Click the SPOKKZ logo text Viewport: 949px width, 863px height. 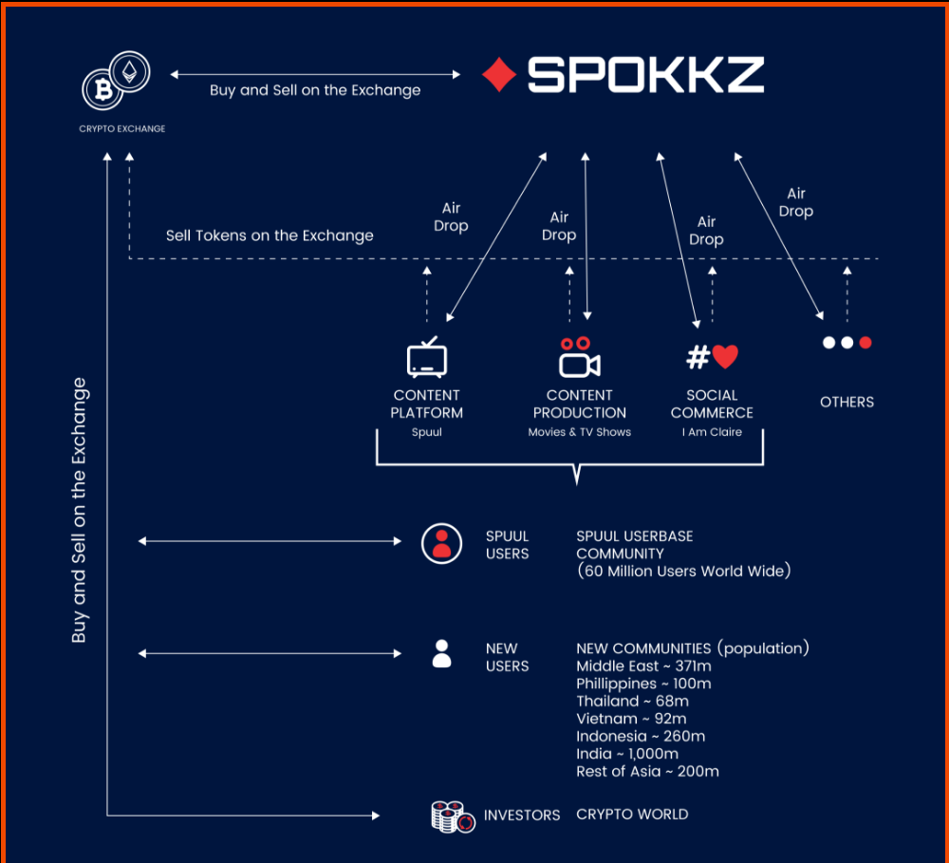pyautogui.click(x=645, y=75)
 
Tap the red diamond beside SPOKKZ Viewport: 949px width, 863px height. pyautogui.click(x=498, y=75)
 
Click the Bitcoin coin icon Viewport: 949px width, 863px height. pyautogui.click(x=101, y=90)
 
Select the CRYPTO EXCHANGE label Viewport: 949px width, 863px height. pyautogui.click(x=121, y=128)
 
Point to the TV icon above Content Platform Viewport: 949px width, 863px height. pyautogui.click(x=427, y=358)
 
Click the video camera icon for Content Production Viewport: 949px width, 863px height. pyautogui.click(x=579, y=360)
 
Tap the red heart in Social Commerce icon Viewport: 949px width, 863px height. pyautogui.click(x=725, y=357)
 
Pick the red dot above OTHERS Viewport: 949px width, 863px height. pyautogui.click(x=865, y=343)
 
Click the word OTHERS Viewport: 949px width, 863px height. pyautogui.click(x=847, y=402)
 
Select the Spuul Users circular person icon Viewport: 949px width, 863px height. pyautogui.click(x=441, y=543)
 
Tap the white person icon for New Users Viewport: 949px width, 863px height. pyautogui.click(x=441, y=653)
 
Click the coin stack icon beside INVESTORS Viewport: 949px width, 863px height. pyautogui.click(x=453, y=816)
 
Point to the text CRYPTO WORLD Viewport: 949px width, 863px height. pyautogui.click(x=632, y=814)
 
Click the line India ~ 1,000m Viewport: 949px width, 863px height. pyautogui.click(x=626, y=754)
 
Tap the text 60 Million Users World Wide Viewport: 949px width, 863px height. pyautogui.click(x=683, y=572)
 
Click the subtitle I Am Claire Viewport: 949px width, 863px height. pyautogui.click(x=712, y=432)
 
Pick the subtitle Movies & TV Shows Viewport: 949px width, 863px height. pyautogui.click(x=579, y=432)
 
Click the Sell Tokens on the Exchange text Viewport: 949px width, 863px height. pyautogui.click(x=270, y=235)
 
